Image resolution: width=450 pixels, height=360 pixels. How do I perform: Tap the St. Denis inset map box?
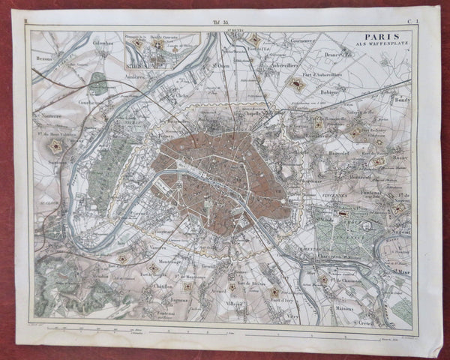coord(160,50)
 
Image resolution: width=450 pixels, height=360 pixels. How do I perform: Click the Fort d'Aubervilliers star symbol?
coord(295,82)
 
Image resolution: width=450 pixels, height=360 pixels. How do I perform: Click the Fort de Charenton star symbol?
coord(323,280)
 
